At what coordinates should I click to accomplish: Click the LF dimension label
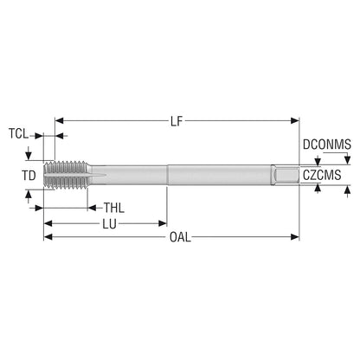pos(177,121)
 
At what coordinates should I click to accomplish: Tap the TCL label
pos(18,134)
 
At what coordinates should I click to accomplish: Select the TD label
pos(29,176)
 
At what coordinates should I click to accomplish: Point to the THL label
pos(114,208)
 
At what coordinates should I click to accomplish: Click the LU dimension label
pos(110,224)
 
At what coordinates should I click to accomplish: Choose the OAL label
pos(180,237)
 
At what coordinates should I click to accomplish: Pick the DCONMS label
pos(327,145)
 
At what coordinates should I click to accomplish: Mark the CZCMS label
pos(322,175)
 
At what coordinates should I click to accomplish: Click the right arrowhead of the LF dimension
pos(295,120)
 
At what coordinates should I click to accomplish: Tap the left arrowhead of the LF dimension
pos(59,120)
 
